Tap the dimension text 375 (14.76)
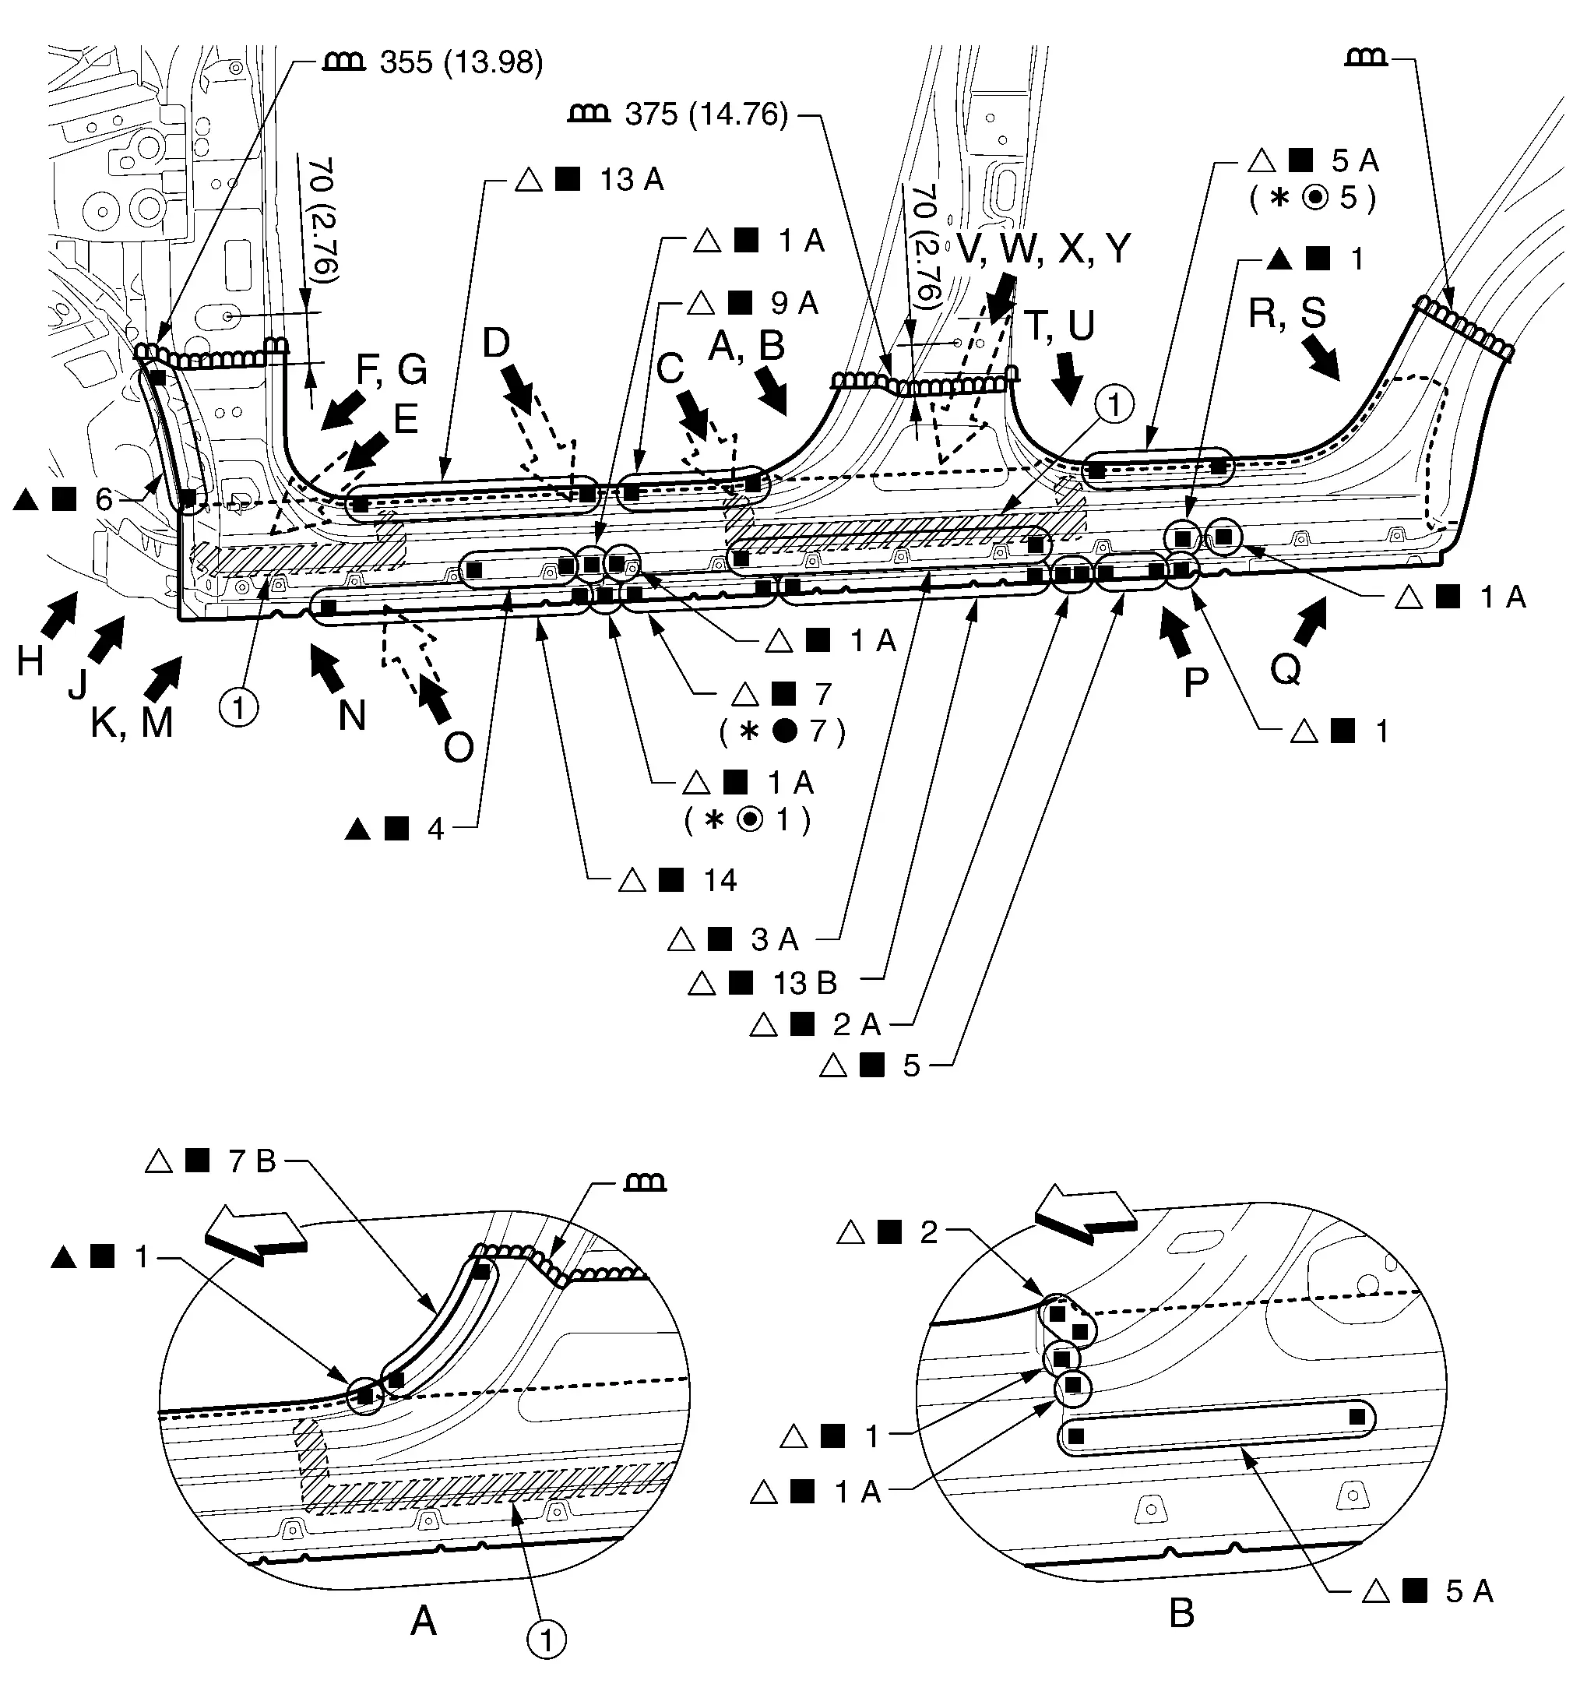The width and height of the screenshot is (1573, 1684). pyautogui.click(x=706, y=114)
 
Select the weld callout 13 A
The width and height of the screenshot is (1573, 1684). pyautogui.click(x=631, y=180)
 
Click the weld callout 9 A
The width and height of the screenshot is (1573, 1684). pyautogui.click(x=794, y=302)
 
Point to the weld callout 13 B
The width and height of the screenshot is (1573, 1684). pyautogui.click(x=804, y=983)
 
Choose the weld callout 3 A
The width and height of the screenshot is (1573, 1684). pyautogui.click(x=774, y=939)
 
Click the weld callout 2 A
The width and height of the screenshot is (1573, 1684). pyautogui.click(x=857, y=1024)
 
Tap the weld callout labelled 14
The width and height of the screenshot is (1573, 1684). pyautogui.click(x=720, y=880)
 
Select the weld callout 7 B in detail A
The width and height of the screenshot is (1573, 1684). pyautogui.click(x=252, y=1161)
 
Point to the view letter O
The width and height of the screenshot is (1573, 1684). pyautogui.click(x=458, y=747)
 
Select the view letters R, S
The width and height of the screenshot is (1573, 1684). pyautogui.click(x=1287, y=313)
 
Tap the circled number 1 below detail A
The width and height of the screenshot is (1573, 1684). pyautogui.click(x=547, y=1640)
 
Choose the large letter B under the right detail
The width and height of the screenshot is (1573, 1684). pyautogui.click(x=1181, y=1613)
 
